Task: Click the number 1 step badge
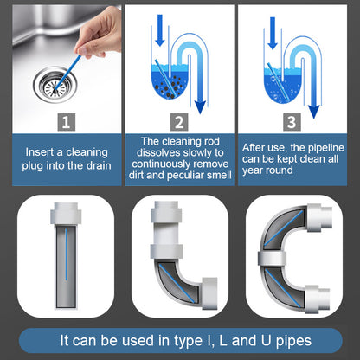coord(61,123)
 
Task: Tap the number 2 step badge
coord(179,123)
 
